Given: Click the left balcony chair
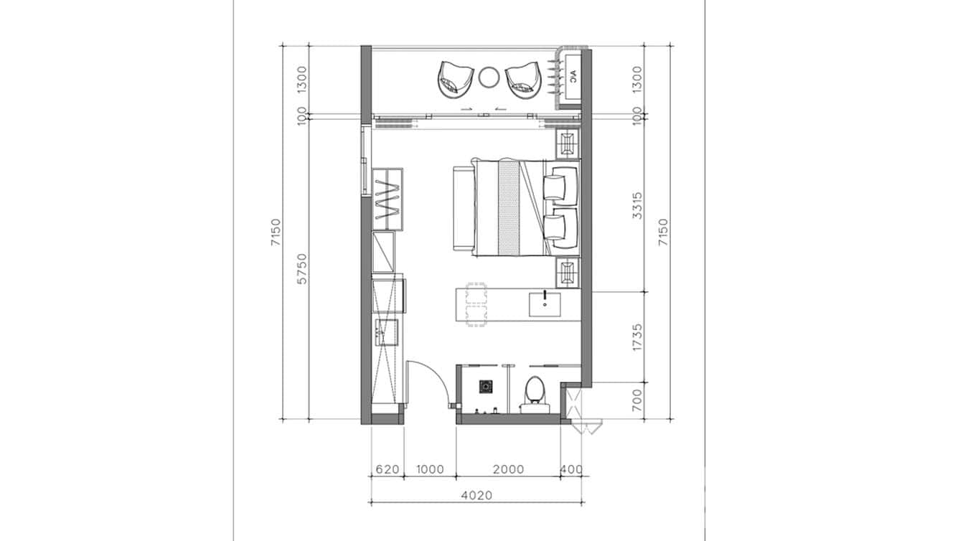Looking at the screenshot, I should (x=455, y=79).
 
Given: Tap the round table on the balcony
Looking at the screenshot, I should (x=489, y=76).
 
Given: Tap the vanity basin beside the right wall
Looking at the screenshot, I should (x=545, y=304).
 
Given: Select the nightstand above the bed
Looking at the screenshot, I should (x=568, y=143).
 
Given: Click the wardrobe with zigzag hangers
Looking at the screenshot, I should (x=387, y=199).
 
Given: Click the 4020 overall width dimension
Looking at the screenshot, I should (x=476, y=494).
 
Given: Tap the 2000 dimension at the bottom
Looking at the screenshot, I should (x=508, y=470).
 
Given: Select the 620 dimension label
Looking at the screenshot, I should (x=387, y=470).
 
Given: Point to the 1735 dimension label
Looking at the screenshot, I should (x=637, y=338).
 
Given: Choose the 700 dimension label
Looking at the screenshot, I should (x=637, y=400).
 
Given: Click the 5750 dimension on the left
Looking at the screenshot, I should (x=301, y=268).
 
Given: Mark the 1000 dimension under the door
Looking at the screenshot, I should (x=430, y=470).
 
